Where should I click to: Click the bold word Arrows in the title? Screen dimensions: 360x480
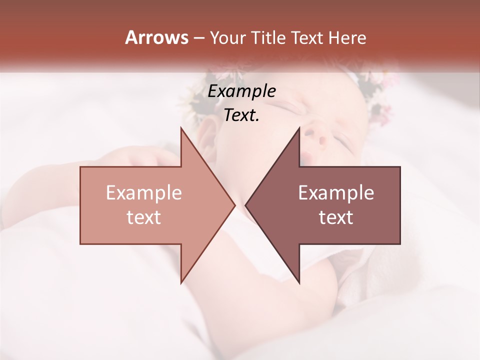point(156,37)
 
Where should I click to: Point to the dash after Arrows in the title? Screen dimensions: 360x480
point(198,38)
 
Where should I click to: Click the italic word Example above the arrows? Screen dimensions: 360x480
point(242,91)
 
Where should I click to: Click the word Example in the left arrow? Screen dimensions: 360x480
point(144,193)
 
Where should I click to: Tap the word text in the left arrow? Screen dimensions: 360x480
point(144,217)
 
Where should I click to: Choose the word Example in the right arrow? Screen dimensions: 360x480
point(336,193)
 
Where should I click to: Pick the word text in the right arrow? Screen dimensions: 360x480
point(336,217)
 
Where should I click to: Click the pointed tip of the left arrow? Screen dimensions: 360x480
point(234,205)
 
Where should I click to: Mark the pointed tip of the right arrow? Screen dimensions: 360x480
point(246,205)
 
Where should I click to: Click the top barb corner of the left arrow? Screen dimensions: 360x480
point(181,128)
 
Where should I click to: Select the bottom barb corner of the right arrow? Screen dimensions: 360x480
point(299,282)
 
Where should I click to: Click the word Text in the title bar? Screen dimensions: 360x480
point(306,38)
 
